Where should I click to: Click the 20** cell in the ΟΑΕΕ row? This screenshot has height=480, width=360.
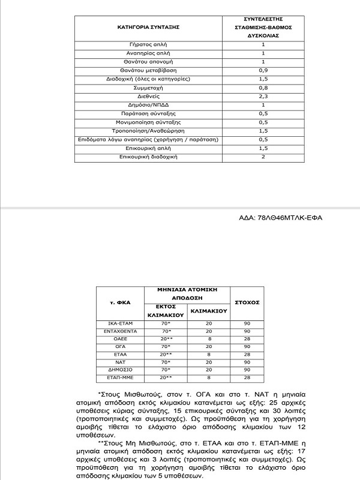point(163,339)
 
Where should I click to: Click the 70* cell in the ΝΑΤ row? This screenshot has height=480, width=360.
point(163,362)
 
